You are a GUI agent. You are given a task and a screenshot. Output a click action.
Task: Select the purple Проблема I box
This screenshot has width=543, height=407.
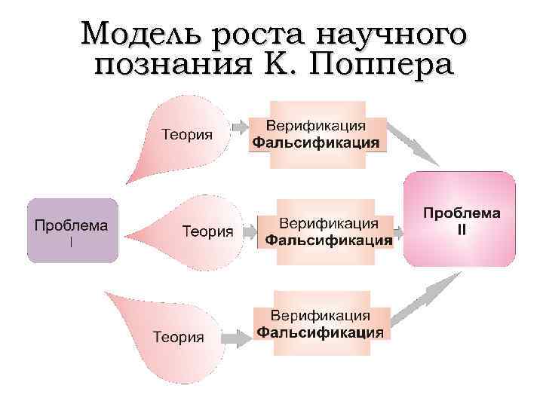point(72,231)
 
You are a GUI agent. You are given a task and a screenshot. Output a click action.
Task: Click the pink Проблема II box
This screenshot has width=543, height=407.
point(460,219)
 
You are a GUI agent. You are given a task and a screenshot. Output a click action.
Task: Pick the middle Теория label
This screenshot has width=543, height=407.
point(207,231)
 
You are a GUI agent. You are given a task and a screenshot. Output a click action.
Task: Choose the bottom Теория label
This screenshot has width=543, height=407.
point(179,336)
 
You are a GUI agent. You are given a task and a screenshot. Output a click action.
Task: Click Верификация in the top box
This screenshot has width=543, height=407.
point(316,125)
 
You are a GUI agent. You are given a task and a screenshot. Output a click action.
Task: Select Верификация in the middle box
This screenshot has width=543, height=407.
point(328,224)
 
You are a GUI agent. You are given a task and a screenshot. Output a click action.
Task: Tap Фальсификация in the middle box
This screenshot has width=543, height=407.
point(328,240)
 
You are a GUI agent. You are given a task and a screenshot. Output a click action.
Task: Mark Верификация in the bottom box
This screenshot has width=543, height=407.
point(321,315)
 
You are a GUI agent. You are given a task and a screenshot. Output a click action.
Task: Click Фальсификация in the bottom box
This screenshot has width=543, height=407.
point(321,332)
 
